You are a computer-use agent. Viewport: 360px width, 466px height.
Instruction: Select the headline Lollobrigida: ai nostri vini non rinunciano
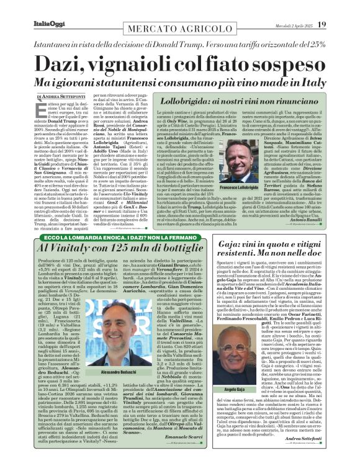(x=232, y=101)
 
